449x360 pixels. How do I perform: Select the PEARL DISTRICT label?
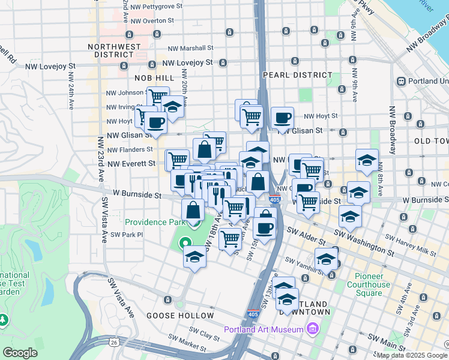pyautogui.click(x=297, y=75)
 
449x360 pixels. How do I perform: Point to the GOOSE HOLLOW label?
pyautogui.click(x=180, y=316)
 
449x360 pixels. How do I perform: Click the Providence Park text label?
pyautogui.click(x=154, y=222)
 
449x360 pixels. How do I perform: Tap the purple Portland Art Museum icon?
pyautogui.click(x=312, y=329)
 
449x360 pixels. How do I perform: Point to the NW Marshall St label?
pyautogui.click(x=190, y=48)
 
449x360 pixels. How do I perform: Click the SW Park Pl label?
pyautogui.click(x=127, y=235)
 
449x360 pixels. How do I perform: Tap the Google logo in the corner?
pyautogui.click(x=20, y=353)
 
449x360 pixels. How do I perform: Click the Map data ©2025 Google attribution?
pyautogui.click(x=412, y=355)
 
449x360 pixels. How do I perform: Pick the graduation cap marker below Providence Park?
pyautogui.click(x=194, y=257)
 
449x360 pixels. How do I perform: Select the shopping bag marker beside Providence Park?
pyautogui.click(x=193, y=210)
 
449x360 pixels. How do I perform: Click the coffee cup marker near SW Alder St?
pyautogui.click(x=264, y=227)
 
